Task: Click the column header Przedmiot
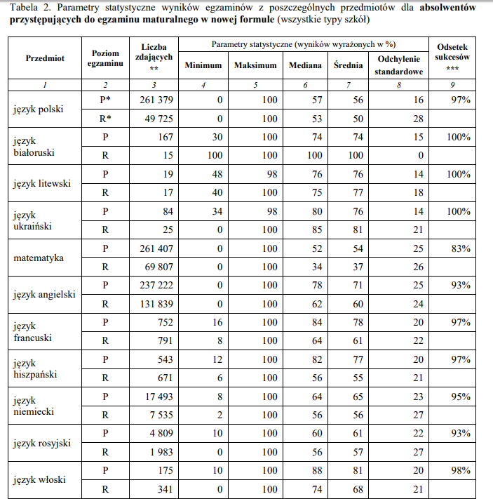pos(45,58)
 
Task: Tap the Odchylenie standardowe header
pos(398,65)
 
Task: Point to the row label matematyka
pos(39,258)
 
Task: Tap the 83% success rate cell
pos(460,248)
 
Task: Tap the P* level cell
pos(105,100)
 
